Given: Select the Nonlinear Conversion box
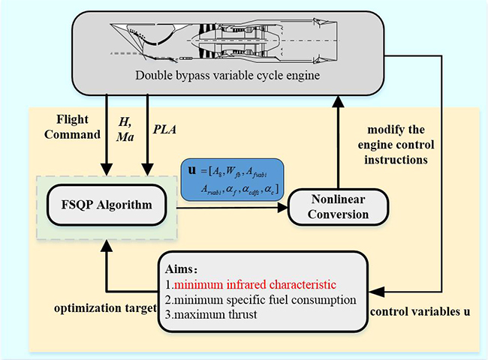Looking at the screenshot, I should [339, 205].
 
